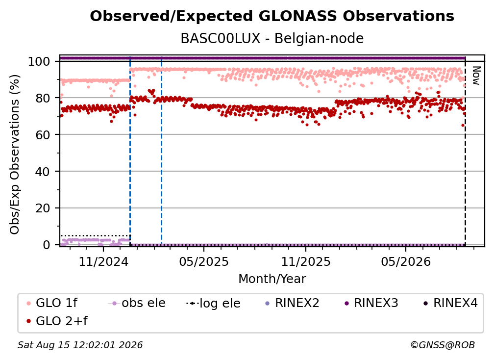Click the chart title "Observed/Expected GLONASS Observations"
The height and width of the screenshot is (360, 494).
pos(272,16)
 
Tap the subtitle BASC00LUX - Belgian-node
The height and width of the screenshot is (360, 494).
pos(272,38)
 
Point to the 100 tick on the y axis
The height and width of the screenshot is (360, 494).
pos(39,61)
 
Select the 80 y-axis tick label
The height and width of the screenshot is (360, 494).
pos(43,99)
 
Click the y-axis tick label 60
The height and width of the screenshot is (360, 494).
pos(43,135)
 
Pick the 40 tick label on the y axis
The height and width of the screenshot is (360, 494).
pos(43,172)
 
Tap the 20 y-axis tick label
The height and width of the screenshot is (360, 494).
pos(43,208)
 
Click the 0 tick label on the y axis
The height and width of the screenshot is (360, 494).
pos(46,245)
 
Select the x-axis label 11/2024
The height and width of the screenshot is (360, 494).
pos(103,261)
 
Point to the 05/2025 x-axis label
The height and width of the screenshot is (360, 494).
pos(204,261)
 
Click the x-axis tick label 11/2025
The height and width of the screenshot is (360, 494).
pos(306,261)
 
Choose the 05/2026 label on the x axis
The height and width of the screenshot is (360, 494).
pos(406,261)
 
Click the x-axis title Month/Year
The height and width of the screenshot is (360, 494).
pos(272,279)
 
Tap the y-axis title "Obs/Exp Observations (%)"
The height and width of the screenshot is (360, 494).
pos(15,154)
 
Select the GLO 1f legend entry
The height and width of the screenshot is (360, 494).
pos(52,303)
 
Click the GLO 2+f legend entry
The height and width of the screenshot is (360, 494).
pos(57,321)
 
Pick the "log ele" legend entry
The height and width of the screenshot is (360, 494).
pos(213,303)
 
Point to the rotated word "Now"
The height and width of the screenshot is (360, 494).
pos(476,76)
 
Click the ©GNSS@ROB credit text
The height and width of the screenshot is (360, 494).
pos(443,345)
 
